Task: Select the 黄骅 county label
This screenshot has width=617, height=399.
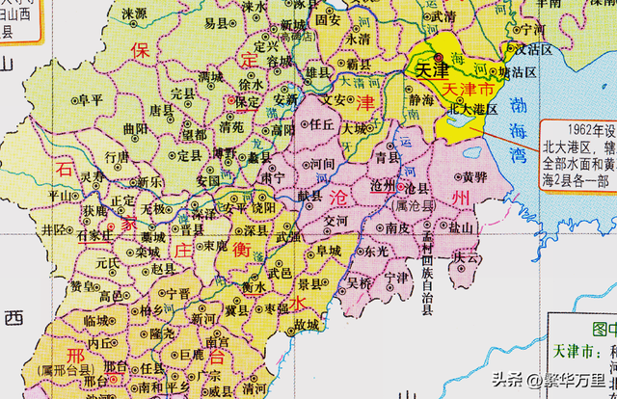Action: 473,176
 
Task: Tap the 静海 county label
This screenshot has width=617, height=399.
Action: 420,97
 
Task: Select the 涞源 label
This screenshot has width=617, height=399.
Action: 135,14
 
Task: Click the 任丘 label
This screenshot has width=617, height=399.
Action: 319,125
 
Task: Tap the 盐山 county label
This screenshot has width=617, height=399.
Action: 462,227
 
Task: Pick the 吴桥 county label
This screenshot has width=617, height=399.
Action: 360,282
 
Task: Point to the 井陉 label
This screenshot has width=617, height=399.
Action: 55,229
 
